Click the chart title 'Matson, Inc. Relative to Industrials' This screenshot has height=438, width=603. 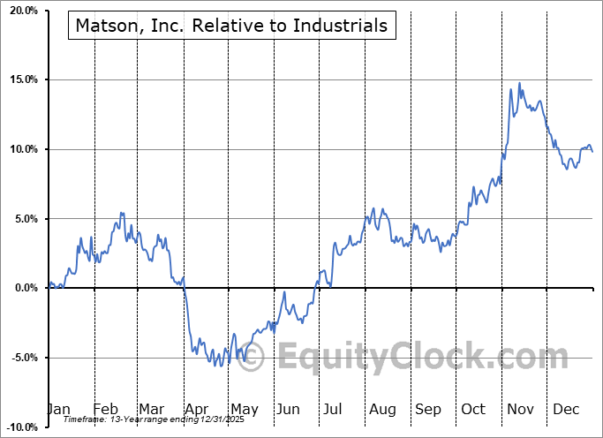(231, 26)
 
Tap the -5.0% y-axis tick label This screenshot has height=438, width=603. (20, 358)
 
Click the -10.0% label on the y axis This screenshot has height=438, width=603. (19, 427)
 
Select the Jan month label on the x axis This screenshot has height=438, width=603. (58, 409)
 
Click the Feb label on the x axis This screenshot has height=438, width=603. (105, 409)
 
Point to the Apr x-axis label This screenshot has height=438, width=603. (196, 409)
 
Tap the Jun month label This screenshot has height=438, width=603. (287, 409)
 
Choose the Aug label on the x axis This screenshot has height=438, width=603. (382, 409)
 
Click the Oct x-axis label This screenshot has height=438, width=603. (473, 409)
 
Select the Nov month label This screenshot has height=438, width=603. (519, 409)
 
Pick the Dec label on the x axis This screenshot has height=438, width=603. (565, 409)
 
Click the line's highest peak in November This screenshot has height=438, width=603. (519, 83)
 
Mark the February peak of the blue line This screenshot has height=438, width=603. (122, 213)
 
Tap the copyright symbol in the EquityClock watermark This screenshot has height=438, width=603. (253, 357)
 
